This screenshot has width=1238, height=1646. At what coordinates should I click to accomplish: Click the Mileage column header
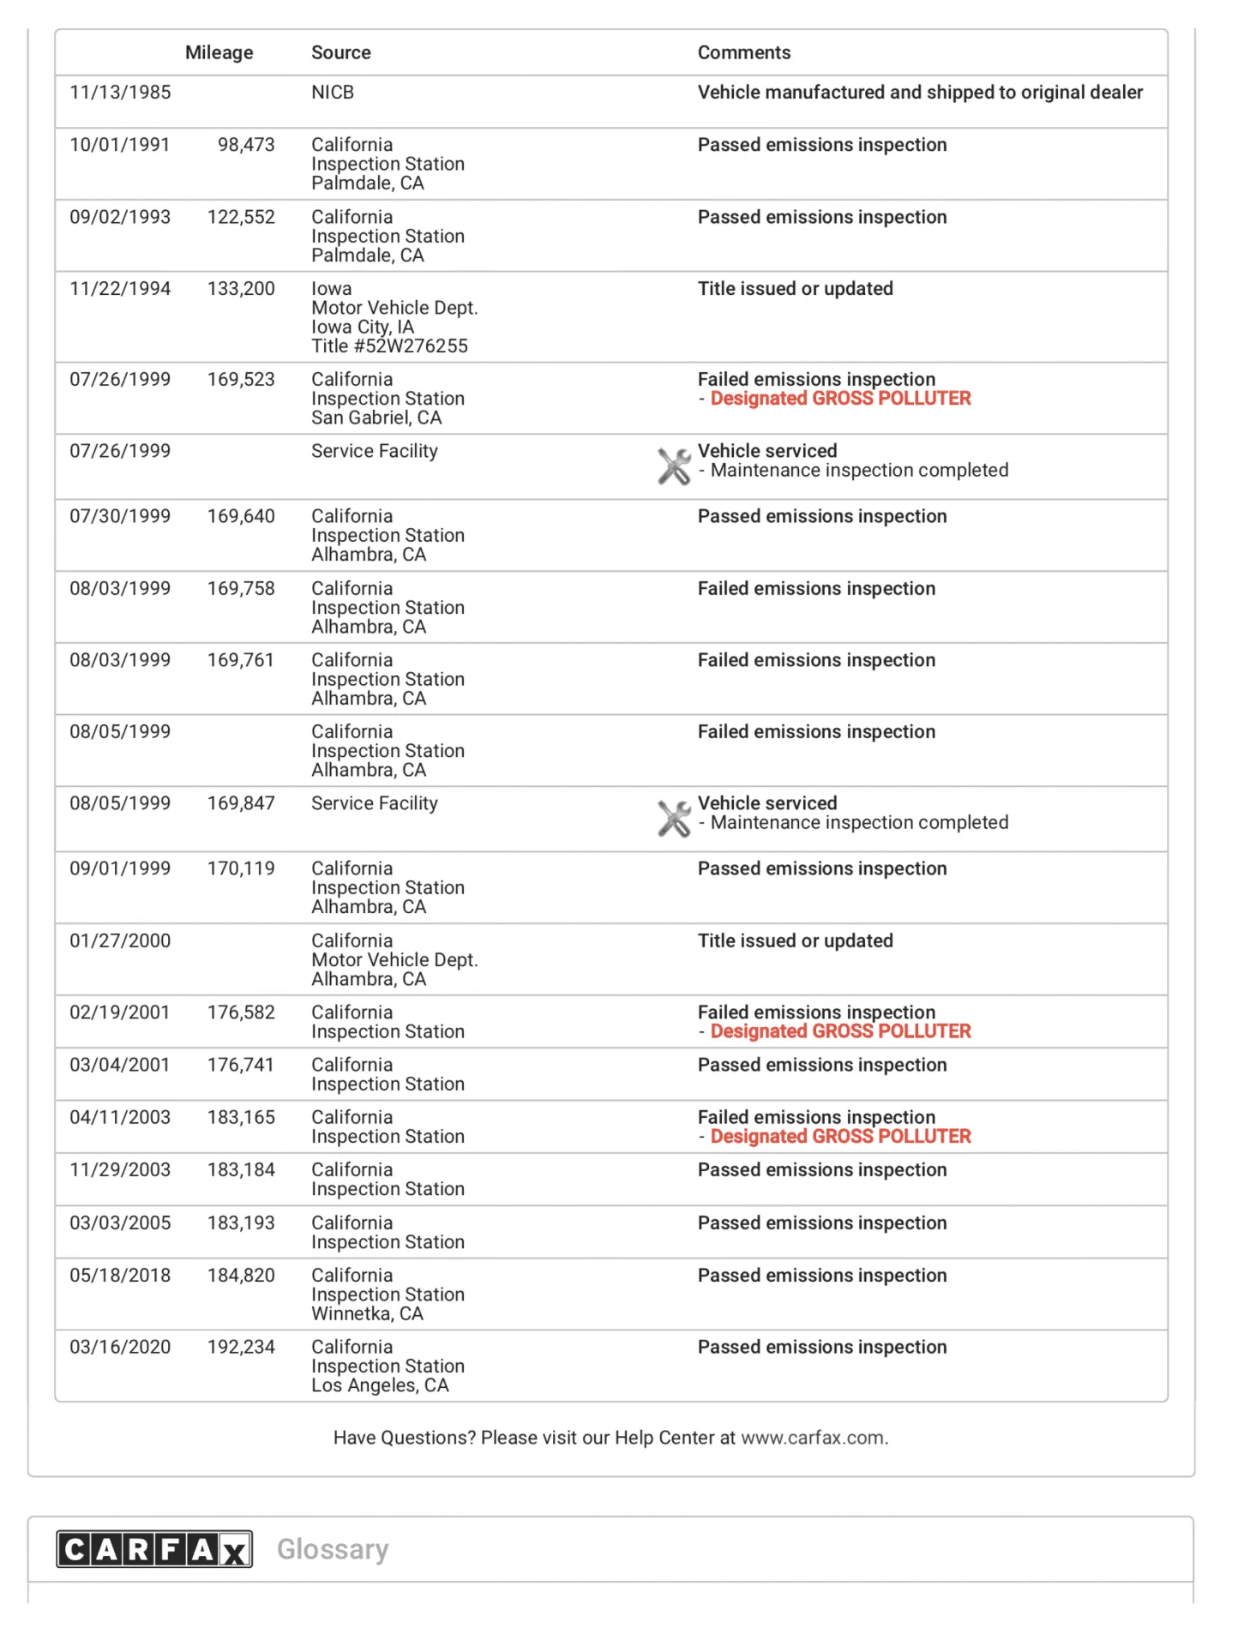click(x=219, y=52)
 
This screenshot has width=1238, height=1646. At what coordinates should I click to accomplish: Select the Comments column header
click(x=743, y=52)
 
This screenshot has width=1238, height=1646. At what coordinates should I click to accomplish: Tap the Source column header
click(x=340, y=52)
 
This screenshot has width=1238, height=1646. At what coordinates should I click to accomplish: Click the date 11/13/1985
click(x=120, y=93)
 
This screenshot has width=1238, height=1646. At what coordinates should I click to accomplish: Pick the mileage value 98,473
click(x=246, y=145)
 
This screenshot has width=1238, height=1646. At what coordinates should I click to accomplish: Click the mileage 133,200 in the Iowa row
click(x=241, y=289)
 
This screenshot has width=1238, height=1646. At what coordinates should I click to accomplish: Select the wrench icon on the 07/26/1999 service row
click(x=674, y=466)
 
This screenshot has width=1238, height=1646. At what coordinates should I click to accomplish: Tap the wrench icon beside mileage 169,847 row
click(x=674, y=818)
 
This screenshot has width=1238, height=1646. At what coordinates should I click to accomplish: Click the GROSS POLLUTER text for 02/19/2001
click(x=840, y=1031)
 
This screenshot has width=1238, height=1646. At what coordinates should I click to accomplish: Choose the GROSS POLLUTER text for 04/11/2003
click(x=840, y=1137)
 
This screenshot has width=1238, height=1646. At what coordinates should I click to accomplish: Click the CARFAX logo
click(x=154, y=1549)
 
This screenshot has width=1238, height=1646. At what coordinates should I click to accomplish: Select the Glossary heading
click(x=333, y=1549)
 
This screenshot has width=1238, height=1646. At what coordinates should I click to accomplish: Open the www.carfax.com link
click(x=814, y=1438)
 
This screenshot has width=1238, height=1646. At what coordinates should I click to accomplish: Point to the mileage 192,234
click(x=241, y=1347)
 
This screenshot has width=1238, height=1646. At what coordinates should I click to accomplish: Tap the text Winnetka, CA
click(x=367, y=1314)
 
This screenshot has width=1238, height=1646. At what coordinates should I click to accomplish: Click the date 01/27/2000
click(x=120, y=940)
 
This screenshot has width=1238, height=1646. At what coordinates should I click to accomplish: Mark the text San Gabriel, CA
click(x=376, y=418)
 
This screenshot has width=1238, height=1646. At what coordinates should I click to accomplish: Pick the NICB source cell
click(x=333, y=93)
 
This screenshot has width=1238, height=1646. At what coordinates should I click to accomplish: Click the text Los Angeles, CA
click(x=380, y=1385)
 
